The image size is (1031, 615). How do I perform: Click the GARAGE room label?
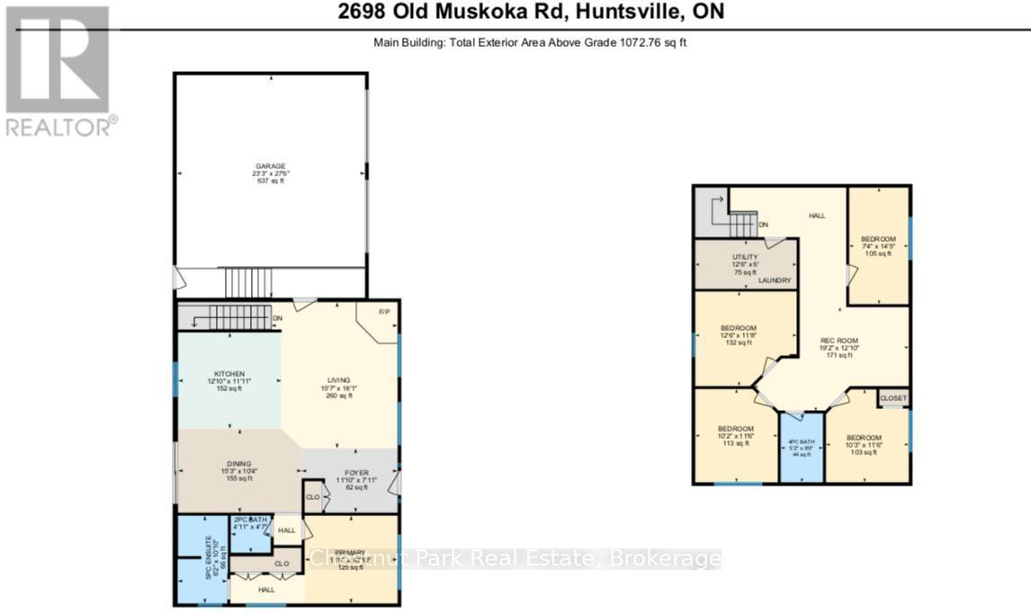pos(270,166)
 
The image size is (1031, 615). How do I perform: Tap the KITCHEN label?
pos(229,373)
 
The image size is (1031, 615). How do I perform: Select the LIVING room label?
pos(338,380)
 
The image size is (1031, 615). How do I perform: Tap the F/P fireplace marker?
pos(383,312)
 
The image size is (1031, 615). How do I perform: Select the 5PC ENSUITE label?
pos(206,558)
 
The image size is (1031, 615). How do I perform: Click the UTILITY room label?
pos(745,256)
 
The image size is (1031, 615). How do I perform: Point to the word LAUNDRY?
pos(774,281)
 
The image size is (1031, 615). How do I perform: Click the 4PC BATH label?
pos(801,441)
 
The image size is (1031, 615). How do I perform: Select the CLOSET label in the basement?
pos(892,397)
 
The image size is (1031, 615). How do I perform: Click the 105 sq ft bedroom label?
pos(878,239)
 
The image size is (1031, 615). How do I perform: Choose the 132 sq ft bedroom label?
pos(739,327)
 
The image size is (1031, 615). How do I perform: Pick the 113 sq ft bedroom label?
pos(735,428)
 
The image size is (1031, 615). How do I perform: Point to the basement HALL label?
pos(816,216)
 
